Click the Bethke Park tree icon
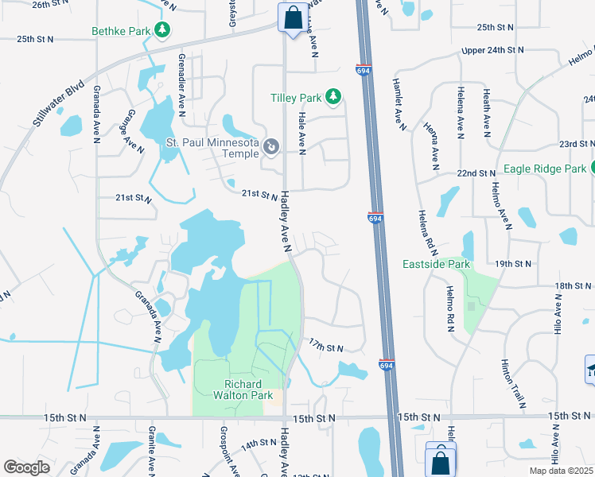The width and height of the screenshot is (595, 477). coord(163,30)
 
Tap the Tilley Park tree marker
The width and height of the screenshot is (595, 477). coord(333,98)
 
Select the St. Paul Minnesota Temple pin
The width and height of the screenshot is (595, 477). coord(271,147)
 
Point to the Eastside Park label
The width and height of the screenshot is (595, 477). coord(436,264)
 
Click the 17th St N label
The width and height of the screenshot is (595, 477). coord(326,347)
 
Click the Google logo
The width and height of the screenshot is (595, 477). coord(27,467)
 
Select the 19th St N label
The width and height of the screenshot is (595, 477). coord(512,263)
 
